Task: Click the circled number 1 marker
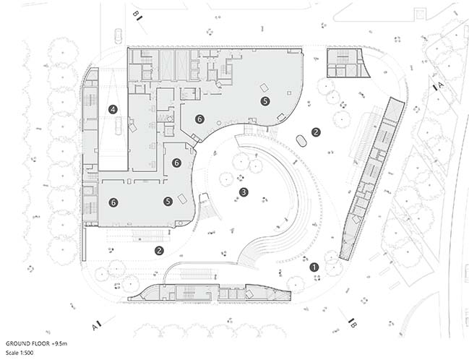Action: tap(314, 267)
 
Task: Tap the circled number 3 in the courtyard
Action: tap(244, 192)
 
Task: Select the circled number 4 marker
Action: tap(113, 110)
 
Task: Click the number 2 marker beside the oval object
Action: tap(316, 132)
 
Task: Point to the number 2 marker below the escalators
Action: tap(159, 250)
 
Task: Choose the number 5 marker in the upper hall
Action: tap(265, 101)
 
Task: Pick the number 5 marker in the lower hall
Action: tap(168, 202)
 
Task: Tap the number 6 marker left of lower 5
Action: tap(113, 202)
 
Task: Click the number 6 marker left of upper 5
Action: tap(199, 119)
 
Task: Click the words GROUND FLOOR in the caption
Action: tap(27, 343)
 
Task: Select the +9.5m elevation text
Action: tap(59, 343)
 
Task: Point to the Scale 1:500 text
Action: tap(20, 353)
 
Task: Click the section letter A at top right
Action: tap(440, 85)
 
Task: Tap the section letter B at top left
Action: tap(135, 14)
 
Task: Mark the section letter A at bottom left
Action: tap(95, 327)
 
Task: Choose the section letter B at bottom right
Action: tap(353, 325)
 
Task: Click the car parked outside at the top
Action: tap(118, 36)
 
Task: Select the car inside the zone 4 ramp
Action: tap(119, 126)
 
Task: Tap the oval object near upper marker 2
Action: tap(301, 141)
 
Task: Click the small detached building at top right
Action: tap(348, 63)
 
